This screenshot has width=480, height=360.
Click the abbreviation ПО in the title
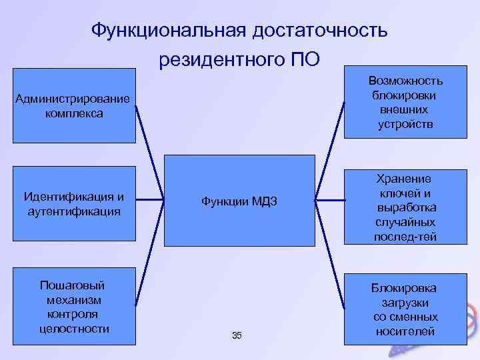click(305, 61)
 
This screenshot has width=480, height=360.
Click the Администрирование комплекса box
click(73, 106)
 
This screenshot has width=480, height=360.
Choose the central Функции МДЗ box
click(239, 201)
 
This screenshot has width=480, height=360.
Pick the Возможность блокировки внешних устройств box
click(405, 102)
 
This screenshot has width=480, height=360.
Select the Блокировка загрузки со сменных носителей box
click(405, 309)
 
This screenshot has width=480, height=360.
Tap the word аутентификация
click(73, 211)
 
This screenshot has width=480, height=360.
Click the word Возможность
click(405, 81)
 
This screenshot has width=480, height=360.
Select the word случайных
click(405, 223)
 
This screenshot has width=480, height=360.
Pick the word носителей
click(405, 331)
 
